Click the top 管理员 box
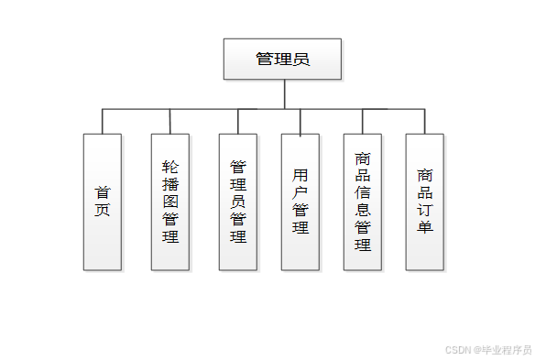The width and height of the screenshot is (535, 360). pyautogui.click(x=282, y=59)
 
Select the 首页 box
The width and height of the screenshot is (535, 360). pyautogui.click(x=102, y=202)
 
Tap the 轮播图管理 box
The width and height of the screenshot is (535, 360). pyautogui.click(x=170, y=202)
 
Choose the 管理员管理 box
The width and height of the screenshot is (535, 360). pyautogui.click(x=238, y=202)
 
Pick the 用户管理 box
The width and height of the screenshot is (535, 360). pyautogui.click(x=300, y=202)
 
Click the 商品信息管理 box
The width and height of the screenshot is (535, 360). pyautogui.click(x=363, y=202)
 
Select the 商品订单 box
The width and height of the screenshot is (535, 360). pyautogui.click(x=425, y=202)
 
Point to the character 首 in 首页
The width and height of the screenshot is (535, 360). pyautogui.click(x=102, y=192)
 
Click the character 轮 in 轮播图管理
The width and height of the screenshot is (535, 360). pyautogui.click(x=170, y=167)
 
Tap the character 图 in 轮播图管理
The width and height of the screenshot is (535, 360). pyautogui.click(x=170, y=202)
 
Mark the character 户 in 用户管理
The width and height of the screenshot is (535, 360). pyautogui.click(x=300, y=192)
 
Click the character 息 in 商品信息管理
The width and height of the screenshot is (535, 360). pyautogui.click(x=363, y=210)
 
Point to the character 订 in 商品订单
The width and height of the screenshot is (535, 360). pyautogui.click(x=425, y=210)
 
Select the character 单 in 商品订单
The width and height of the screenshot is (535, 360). pyautogui.click(x=425, y=227)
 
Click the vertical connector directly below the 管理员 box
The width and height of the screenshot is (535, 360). pyautogui.click(x=285, y=93)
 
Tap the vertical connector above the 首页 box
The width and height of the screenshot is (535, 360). pyautogui.click(x=102, y=121)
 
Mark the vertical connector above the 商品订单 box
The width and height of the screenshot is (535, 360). pyautogui.click(x=425, y=121)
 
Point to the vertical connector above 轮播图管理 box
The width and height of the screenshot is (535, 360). pyautogui.click(x=170, y=121)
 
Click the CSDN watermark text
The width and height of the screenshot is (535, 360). pyautogui.click(x=488, y=349)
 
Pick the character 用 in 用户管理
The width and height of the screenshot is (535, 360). pyautogui.click(x=300, y=174)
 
